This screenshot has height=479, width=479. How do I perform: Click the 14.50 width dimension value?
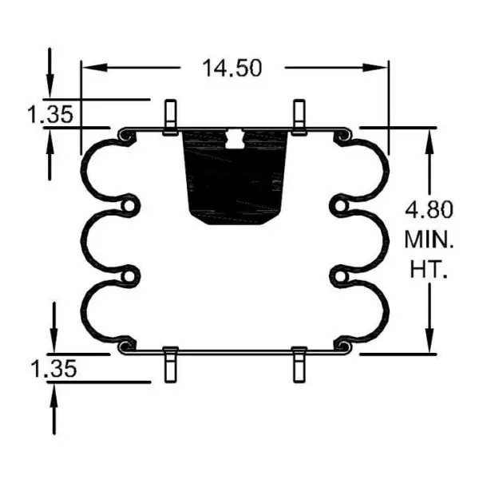232,69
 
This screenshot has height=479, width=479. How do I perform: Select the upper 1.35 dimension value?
50,113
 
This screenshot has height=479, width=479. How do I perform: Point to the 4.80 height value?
429,210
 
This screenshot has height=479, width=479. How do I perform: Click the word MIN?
429,239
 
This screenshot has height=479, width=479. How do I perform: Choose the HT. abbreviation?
429,269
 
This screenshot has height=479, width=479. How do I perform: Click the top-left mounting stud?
170,117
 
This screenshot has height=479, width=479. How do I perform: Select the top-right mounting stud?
299,117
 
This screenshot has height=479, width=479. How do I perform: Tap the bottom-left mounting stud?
170,365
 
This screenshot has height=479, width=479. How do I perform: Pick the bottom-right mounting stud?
299,365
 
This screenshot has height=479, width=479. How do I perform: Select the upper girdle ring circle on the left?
129,208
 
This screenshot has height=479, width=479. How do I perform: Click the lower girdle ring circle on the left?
129,277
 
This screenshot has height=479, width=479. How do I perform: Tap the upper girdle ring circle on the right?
340,208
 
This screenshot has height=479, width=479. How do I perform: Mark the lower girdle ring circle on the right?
340,277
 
